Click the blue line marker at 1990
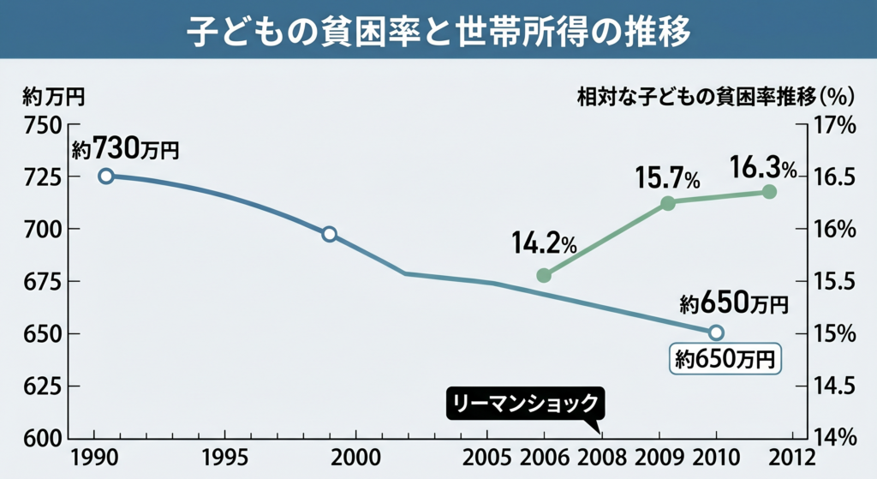click(106, 176)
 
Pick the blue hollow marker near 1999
click(329, 234)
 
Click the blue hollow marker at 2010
click(716, 332)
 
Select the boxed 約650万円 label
click(725, 358)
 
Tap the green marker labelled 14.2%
click(543, 276)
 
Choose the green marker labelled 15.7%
click(668, 203)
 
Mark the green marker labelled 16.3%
click(768, 192)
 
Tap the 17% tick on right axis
click(834, 125)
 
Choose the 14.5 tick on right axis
click(833, 386)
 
